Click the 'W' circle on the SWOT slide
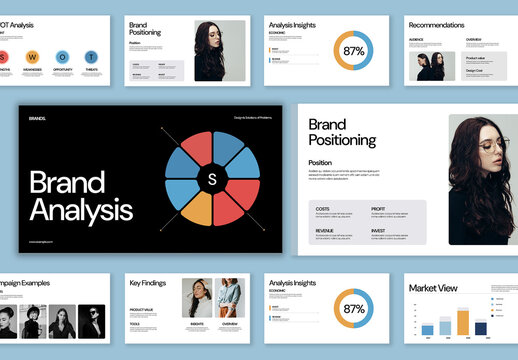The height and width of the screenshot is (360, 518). pos(33,57)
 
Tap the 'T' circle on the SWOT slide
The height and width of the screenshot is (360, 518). pos(91,57)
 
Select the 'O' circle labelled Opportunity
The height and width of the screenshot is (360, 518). pos(62,57)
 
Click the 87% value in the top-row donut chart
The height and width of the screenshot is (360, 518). pos(354,50)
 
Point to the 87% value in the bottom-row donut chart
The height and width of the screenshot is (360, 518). pos(354,309)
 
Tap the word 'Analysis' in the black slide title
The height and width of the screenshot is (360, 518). pos(81,210)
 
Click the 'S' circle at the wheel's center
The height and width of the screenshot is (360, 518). pos(212,179)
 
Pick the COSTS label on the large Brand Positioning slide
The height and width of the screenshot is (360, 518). pos(322,209)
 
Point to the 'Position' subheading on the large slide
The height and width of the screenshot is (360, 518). pos(320,162)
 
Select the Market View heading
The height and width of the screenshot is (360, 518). pos(433,288)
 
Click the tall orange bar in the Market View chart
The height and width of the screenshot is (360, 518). pos(462,321)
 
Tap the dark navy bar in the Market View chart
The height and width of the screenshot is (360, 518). pos(481,327)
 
